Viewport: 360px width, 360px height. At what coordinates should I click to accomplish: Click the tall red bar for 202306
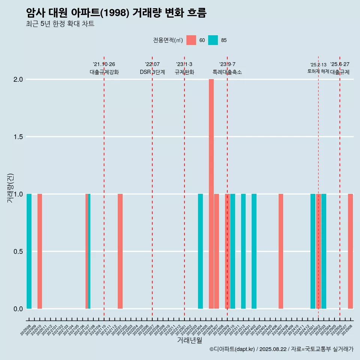coord(211,194)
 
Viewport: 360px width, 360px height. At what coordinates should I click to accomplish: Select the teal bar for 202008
coord(29,251)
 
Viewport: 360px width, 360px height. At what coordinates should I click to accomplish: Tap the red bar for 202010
coord(40,251)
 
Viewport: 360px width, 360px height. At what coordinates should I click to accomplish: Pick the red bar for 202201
coord(120,251)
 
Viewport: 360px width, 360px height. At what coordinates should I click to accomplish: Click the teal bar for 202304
coord(200,251)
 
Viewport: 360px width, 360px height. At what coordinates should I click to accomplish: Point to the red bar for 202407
coord(281,251)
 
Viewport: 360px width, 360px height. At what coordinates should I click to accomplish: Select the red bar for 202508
coord(350,251)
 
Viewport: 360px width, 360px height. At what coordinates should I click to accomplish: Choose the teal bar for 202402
coord(254,251)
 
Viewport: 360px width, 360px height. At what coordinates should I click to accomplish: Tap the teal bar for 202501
coord(313,251)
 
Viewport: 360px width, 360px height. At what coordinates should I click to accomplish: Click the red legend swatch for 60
coord(191,40)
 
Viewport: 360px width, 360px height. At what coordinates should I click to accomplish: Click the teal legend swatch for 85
coord(213,40)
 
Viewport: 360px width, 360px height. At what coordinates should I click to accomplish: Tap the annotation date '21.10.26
coord(104,64)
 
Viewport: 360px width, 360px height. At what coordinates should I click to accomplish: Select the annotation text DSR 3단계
coord(152,72)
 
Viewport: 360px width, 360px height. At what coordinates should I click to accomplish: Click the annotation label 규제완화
coord(184,72)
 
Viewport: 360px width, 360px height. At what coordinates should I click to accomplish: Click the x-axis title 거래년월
coord(189,340)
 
